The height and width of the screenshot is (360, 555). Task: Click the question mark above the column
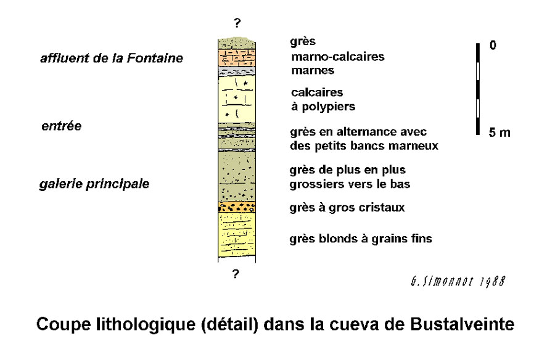tap(237, 23)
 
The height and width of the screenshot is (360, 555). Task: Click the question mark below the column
tap(236, 274)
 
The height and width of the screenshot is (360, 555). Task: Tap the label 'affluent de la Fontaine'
tap(112, 58)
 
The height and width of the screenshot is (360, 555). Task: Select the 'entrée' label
tap(62, 126)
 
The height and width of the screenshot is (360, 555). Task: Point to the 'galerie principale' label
tap(94, 184)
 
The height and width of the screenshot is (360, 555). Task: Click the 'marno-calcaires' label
tap(338, 57)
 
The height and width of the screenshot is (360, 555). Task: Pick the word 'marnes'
tap(313, 70)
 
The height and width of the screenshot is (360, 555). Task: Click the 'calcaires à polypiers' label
tap(323, 99)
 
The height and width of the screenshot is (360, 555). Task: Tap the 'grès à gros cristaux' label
tap(347, 208)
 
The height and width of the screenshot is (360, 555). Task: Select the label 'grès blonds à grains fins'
tap(361, 239)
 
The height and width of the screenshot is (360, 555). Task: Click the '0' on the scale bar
tap(493, 45)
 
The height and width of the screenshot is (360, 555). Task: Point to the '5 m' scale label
tap(499, 133)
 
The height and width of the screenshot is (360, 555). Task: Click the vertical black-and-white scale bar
tap(478, 89)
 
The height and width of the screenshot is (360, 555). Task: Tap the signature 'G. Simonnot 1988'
tap(458, 282)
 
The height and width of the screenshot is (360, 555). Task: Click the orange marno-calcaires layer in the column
tap(237, 58)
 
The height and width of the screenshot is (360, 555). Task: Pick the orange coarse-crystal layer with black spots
tap(237, 207)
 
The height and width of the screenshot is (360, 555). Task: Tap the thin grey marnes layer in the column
tap(237, 71)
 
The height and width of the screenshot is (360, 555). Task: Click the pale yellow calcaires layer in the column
tap(237, 99)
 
